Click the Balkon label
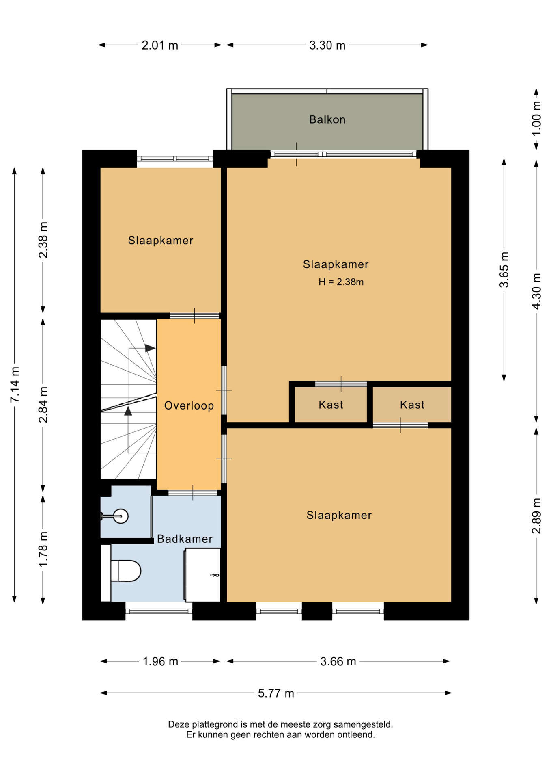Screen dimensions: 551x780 [x=327, y=119]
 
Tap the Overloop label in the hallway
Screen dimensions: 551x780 [x=189, y=405]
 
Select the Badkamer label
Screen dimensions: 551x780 [x=185, y=539]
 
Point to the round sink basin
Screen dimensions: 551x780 [x=121, y=516]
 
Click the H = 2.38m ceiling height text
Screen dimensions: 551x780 [x=341, y=282]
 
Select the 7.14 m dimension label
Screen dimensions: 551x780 [x=15, y=385]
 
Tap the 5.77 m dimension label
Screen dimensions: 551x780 [x=276, y=693]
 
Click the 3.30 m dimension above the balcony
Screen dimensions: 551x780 [x=327, y=45]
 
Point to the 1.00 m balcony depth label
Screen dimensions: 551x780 [x=536, y=119]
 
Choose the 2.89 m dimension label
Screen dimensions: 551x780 [x=536, y=516]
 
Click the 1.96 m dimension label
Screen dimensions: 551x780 [x=160, y=661]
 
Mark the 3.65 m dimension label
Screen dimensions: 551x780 [x=504, y=270]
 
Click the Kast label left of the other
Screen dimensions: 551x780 [x=331, y=405]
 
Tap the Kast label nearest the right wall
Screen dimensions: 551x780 [x=412, y=405]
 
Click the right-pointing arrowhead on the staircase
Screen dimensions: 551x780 [x=150, y=348]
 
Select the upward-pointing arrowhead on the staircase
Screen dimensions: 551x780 [x=128, y=411]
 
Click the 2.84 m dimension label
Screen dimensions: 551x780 [x=43, y=405]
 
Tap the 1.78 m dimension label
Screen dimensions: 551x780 [x=43, y=549]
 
